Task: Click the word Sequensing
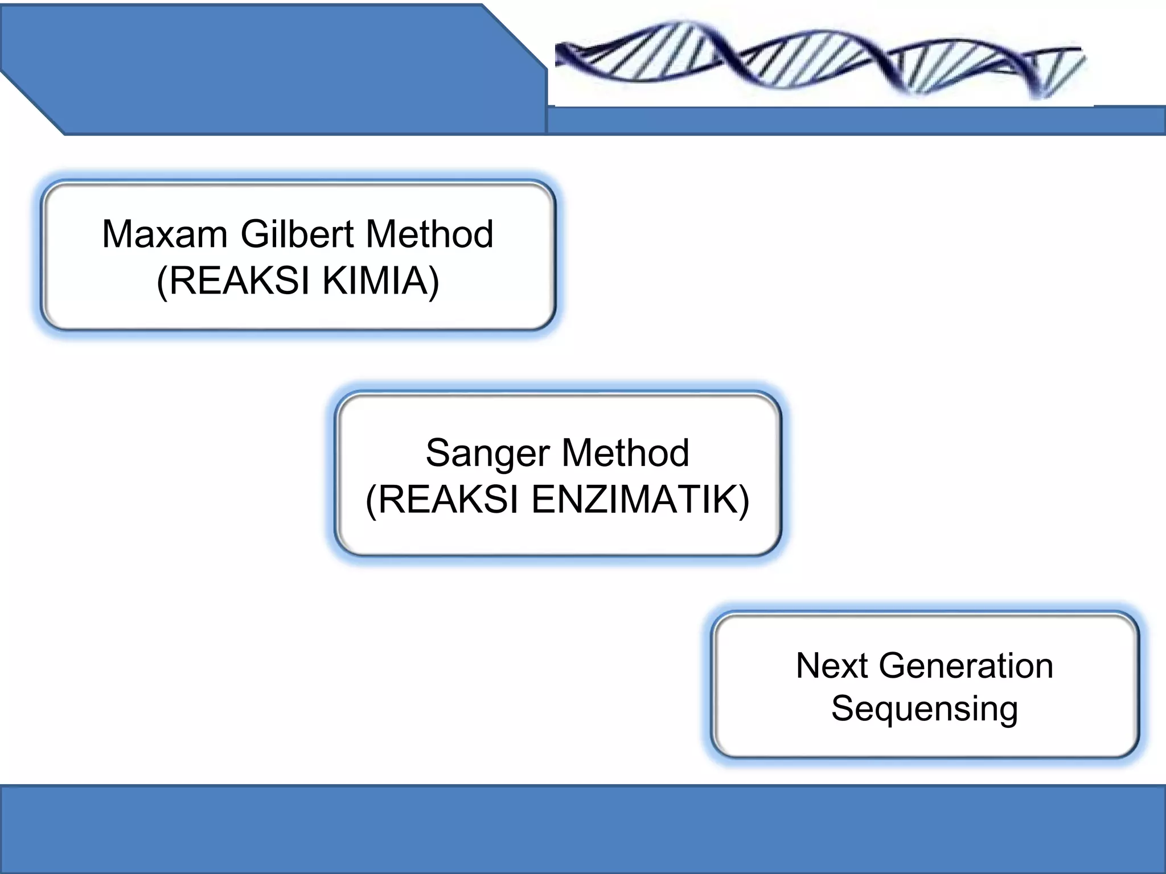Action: pos(925,710)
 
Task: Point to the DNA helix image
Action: pos(820,60)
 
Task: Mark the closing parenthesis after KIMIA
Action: pos(434,281)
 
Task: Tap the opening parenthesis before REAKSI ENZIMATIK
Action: pos(371,500)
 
